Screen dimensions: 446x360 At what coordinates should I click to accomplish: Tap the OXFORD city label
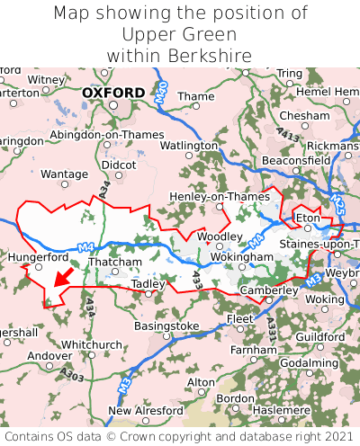click(x=112, y=93)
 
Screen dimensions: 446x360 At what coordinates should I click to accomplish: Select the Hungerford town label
click(x=38, y=256)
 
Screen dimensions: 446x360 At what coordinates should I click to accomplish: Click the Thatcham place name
click(x=115, y=263)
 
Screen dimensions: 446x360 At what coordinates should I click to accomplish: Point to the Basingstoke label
click(x=166, y=326)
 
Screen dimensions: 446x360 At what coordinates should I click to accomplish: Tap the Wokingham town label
click(x=241, y=257)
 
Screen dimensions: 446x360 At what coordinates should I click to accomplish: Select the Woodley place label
click(x=220, y=236)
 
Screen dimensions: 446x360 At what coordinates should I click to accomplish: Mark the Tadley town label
click(x=148, y=283)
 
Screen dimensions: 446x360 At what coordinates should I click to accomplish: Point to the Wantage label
click(x=65, y=174)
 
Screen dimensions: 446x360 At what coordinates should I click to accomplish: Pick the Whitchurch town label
click(x=92, y=344)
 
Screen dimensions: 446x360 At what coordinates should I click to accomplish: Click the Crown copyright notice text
click(x=180, y=436)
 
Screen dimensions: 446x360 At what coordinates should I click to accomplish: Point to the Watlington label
click(x=189, y=145)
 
